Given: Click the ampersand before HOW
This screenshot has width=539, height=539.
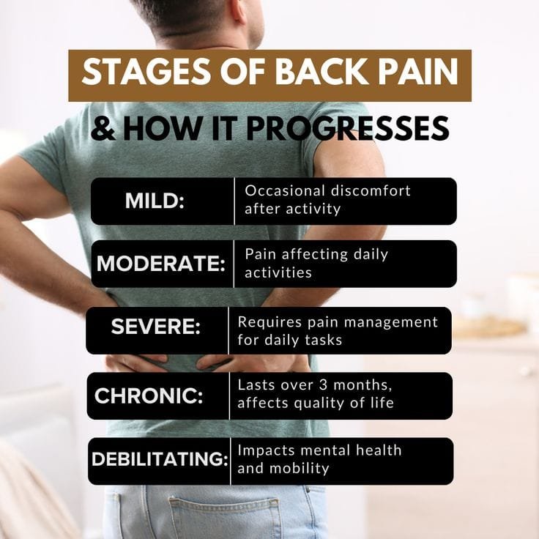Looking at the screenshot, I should pyautogui.click(x=103, y=129).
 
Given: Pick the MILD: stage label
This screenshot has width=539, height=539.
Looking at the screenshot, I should pyautogui.click(x=155, y=201).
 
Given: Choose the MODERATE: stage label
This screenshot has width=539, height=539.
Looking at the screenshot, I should pyautogui.click(x=160, y=264).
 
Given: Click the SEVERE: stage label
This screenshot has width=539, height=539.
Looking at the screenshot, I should pyautogui.click(x=155, y=327).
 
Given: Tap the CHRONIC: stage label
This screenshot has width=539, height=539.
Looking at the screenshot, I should pyautogui.click(x=149, y=395).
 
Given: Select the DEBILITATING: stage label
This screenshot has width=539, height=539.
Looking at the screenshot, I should pyautogui.click(x=160, y=459).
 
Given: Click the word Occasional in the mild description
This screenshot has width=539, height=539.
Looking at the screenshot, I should pyautogui.click(x=280, y=191).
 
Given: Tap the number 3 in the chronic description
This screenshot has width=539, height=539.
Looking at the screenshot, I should pyautogui.click(x=312, y=385).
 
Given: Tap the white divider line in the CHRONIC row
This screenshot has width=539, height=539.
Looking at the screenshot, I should pyautogui.click(x=229, y=395).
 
